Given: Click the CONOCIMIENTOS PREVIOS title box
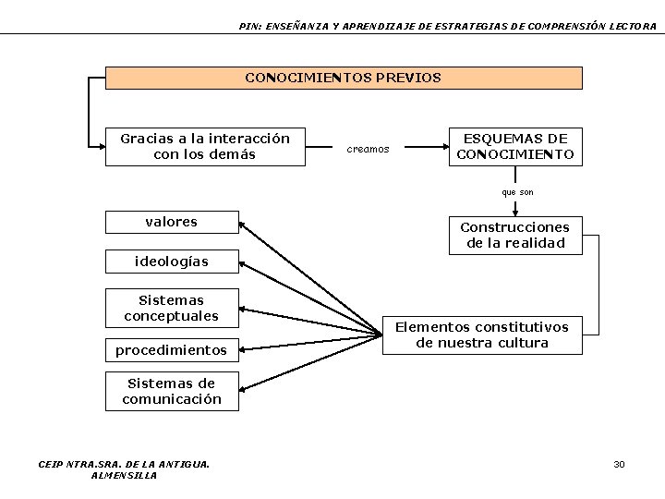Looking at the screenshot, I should click(344, 78).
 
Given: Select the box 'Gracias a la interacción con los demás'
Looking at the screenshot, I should click(205, 146).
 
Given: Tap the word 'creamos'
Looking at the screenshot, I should click(368, 149).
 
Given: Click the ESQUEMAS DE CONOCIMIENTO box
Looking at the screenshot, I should click(514, 146).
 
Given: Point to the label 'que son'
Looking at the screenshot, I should click(517, 192).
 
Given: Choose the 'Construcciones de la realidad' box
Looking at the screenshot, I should click(514, 236).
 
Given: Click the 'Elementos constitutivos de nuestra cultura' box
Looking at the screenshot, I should click(482, 335).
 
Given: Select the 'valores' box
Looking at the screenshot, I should click(172, 222).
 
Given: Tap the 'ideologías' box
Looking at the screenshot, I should click(172, 262).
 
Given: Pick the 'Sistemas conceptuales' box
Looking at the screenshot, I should click(172, 308).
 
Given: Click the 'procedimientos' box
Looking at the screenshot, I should click(172, 350).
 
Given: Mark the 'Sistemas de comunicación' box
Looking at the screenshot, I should click(172, 391).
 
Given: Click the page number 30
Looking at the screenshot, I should click(619, 464).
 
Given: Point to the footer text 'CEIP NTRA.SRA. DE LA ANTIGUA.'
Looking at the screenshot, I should click(124, 464).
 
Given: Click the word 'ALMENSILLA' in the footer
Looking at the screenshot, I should click(124, 475).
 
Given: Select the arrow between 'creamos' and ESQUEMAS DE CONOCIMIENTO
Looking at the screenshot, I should click(425, 147).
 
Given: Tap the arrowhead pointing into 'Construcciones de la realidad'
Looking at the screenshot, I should click(514, 212).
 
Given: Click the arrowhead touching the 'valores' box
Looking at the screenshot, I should click(245, 223).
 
